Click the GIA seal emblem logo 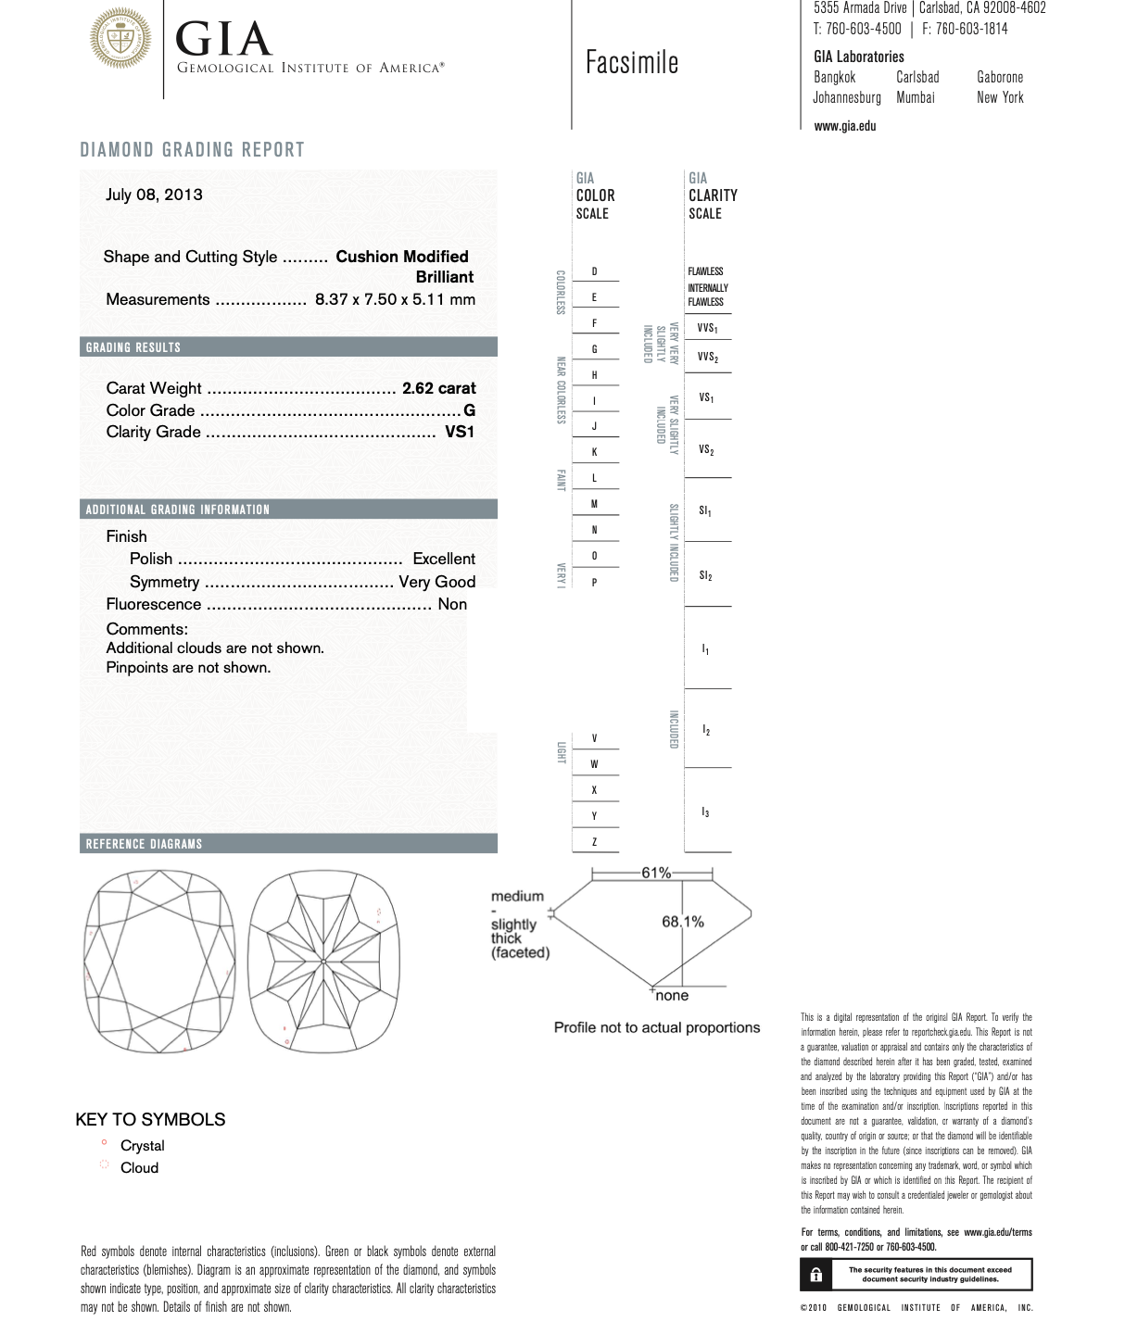coord(120,39)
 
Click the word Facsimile coord(632,63)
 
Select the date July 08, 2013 coord(154,195)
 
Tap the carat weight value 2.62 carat coord(438,388)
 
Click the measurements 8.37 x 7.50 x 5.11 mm coord(395,299)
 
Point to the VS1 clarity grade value coord(460,432)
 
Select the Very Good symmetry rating coord(436,582)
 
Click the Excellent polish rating coord(444,559)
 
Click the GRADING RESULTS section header coord(133,347)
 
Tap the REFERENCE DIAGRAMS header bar coord(144,844)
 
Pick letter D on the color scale coord(594,272)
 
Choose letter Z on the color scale coord(594,842)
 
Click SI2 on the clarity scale coord(705,575)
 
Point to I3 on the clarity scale coord(705,812)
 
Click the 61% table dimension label coord(656,873)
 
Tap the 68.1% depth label coord(682,922)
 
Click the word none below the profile coord(672,996)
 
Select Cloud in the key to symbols coord(139,1168)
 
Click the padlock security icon coord(815,1275)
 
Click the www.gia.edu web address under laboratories coord(844,126)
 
